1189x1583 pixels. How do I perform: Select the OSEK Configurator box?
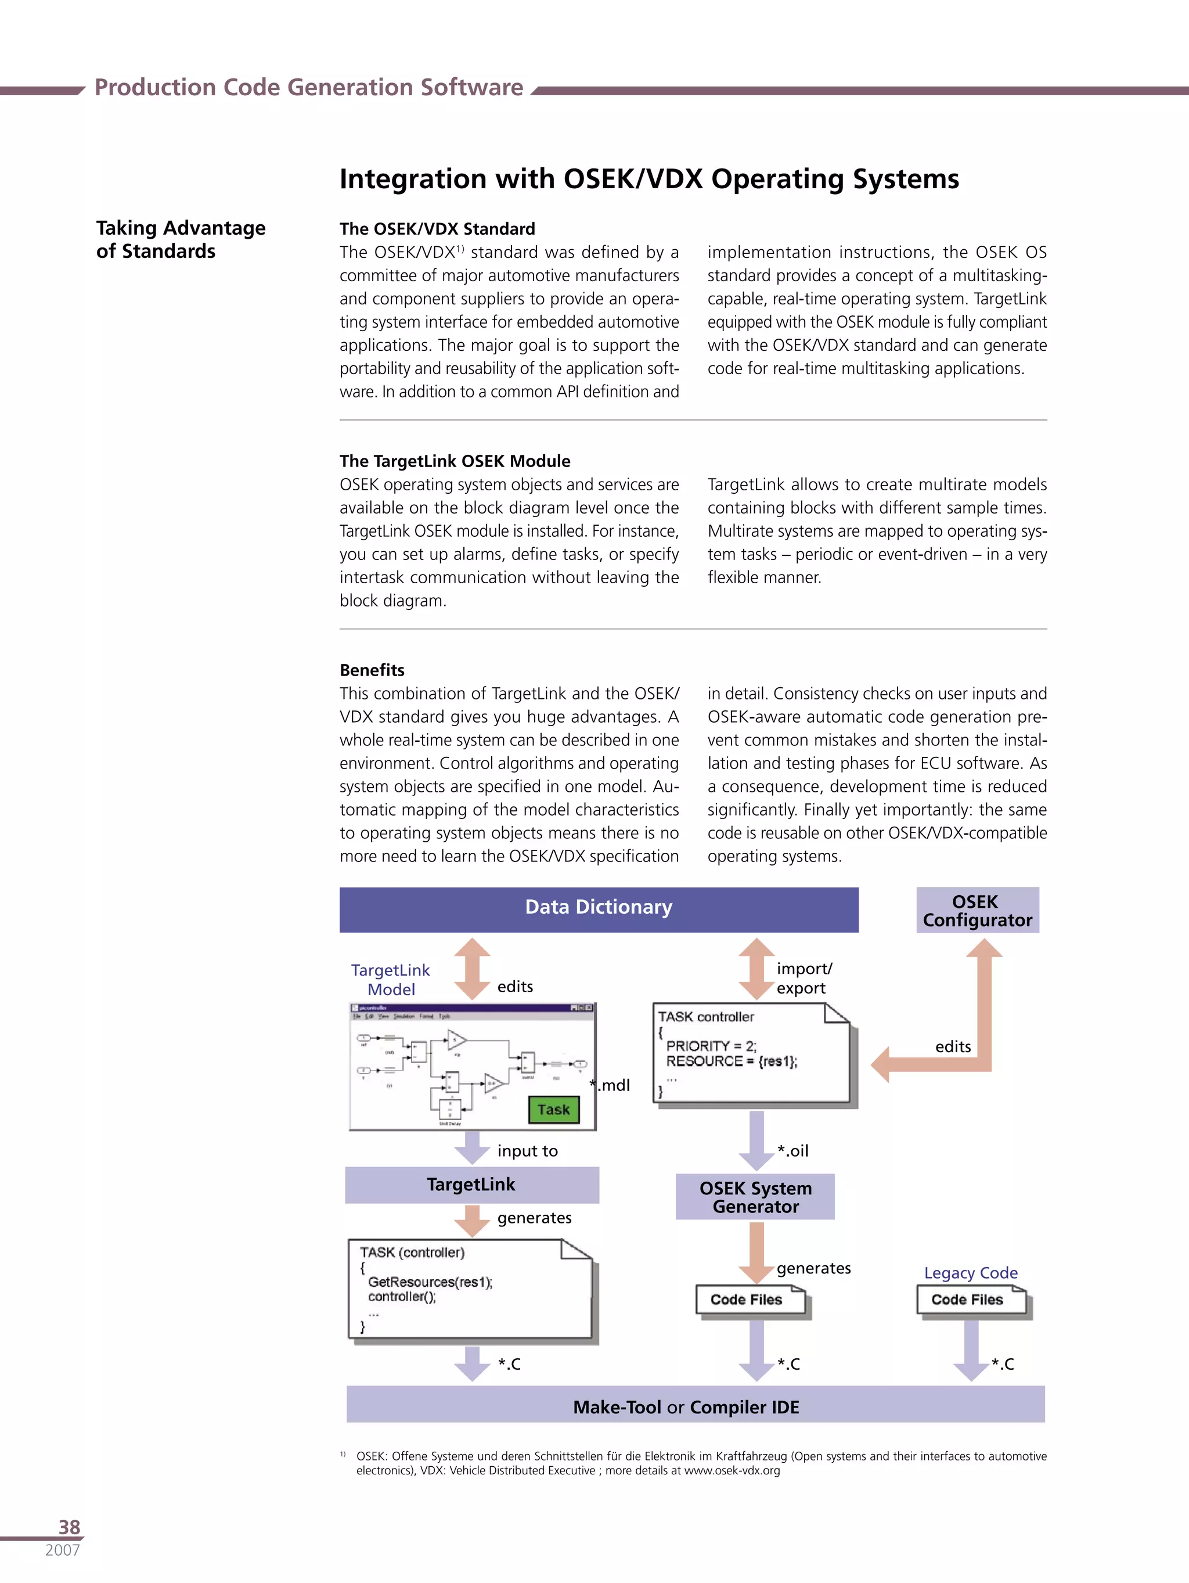click(x=977, y=910)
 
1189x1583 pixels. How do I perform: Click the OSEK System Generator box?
click(x=755, y=1197)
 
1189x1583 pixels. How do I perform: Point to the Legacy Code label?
click(x=970, y=1272)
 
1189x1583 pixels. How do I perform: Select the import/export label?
click(x=804, y=978)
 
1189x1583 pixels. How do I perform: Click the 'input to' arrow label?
click(x=527, y=1151)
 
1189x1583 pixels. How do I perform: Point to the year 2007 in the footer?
click(x=62, y=1550)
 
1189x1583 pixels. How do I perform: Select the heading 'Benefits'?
click(x=372, y=670)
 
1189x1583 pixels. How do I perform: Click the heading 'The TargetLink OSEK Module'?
click(x=455, y=461)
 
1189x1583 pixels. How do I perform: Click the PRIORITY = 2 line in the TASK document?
click(x=711, y=1046)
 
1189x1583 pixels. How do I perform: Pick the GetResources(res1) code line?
click(x=430, y=1282)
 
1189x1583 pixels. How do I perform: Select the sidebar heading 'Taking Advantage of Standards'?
click(x=181, y=239)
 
